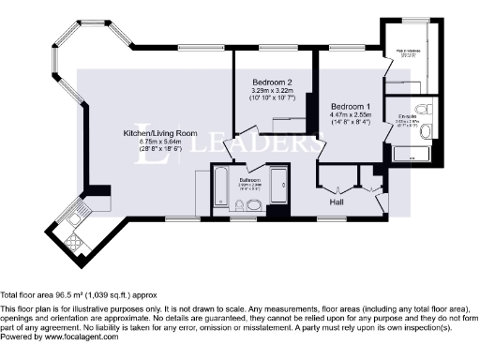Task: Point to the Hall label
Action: click(339, 201)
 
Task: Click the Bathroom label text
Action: click(250, 179)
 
